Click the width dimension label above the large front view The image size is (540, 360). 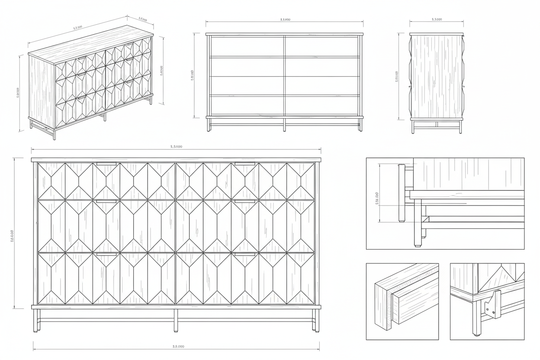pos(176,147)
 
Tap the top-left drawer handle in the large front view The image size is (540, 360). pos(106,164)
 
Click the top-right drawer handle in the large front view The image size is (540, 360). pos(245,164)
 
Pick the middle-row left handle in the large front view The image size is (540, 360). pos(106,201)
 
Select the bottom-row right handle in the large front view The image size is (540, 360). pos(245,254)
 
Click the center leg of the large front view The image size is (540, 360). pos(176,320)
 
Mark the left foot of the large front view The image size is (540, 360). pos(35,331)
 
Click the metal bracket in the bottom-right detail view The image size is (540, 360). pos(493,304)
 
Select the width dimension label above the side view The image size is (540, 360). pos(437,19)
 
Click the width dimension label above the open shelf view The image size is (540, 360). pos(285,19)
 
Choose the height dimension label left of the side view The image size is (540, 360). pos(397,77)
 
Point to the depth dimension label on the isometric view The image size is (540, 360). pos(142,19)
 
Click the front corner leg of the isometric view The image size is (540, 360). pos(54,134)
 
